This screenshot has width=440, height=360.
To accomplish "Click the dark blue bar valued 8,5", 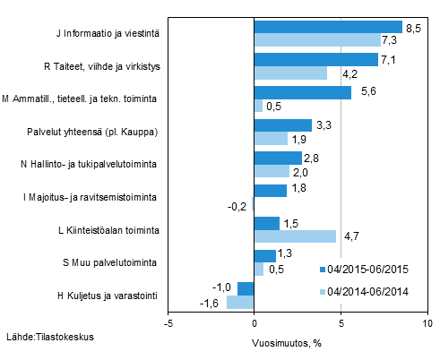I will [x=328, y=27].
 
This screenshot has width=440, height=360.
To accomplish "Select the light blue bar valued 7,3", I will [x=317, y=40].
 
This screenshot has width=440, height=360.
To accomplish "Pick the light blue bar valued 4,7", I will [x=295, y=236].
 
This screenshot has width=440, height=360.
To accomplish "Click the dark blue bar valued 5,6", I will [x=303, y=92].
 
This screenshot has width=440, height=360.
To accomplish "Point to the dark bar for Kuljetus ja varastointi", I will [x=246, y=288].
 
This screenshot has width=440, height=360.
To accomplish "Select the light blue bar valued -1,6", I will [x=240, y=302].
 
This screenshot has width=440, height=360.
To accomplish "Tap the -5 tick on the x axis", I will [x=168, y=323].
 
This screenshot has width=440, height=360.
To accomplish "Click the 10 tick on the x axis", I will [x=427, y=323].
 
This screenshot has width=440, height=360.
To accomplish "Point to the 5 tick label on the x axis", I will [x=341, y=323].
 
